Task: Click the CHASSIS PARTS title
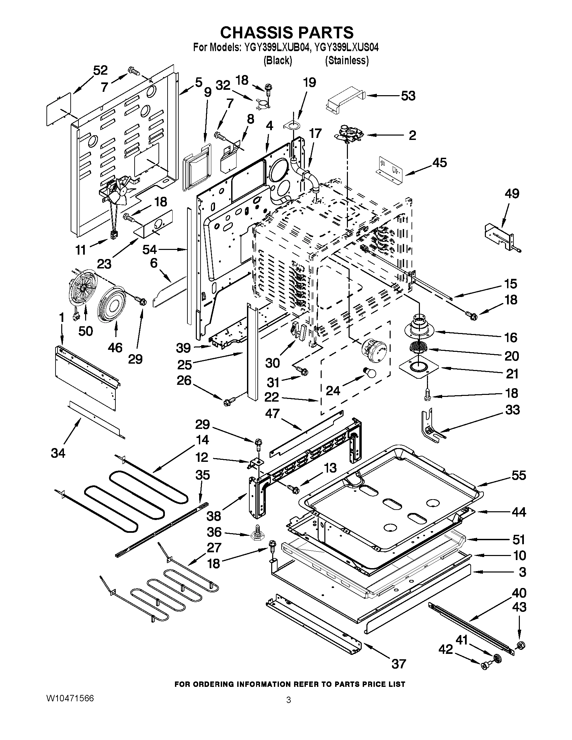286,33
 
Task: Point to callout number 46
115,347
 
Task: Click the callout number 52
100,70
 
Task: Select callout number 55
519,475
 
